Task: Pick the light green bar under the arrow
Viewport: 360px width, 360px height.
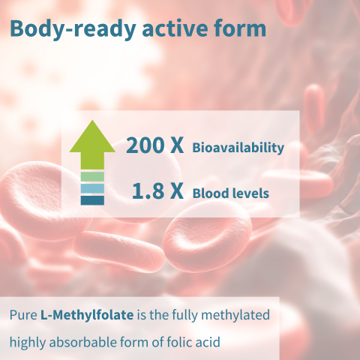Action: click(92, 176)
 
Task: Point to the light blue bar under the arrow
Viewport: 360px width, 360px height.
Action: click(92, 188)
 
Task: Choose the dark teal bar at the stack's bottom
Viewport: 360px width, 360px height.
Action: click(92, 200)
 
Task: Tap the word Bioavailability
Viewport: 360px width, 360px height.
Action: click(238, 148)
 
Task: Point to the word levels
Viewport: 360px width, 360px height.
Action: click(250, 193)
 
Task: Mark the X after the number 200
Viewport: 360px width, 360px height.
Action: click(176, 145)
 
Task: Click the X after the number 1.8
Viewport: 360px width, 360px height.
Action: click(176, 191)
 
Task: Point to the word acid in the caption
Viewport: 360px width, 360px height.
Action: click(205, 341)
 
